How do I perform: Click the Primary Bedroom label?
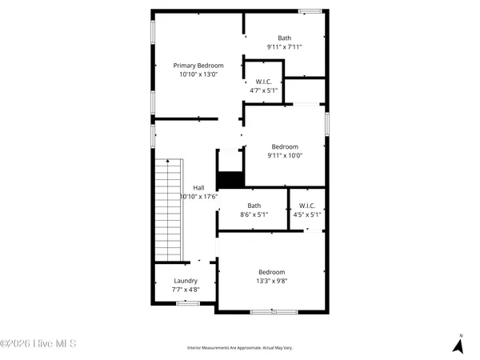pyautogui.click(x=198, y=66)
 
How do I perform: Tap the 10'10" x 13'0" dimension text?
pyautogui.click(x=198, y=74)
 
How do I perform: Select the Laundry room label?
pyautogui.click(x=186, y=281)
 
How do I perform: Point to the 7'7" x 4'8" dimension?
pyautogui.click(x=186, y=289)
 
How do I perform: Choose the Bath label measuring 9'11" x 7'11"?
pyautogui.click(x=285, y=38)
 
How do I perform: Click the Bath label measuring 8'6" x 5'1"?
pyautogui.click(x=254, y=206)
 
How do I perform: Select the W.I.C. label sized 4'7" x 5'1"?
pyautogui.click(x=265, y=82)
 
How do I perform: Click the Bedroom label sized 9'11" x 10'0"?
pyautogui.click(x=285, y=146)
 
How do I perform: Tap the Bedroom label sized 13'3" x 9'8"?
pyautogui.click(x=271, y=271)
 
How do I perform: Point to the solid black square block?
pyautogui.click(x=230, y=180)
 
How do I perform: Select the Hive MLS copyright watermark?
pyautogui.click(x=38, y=344)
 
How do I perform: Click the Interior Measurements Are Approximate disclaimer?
pyautogui.click(x=239, y=348)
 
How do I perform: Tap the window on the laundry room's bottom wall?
pyautogui.click(x=188, y=303)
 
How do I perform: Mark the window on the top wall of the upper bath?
pyautogui.click(x=310, y=10)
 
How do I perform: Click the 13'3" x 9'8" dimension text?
pyautogui.click(x=271, y=280)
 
